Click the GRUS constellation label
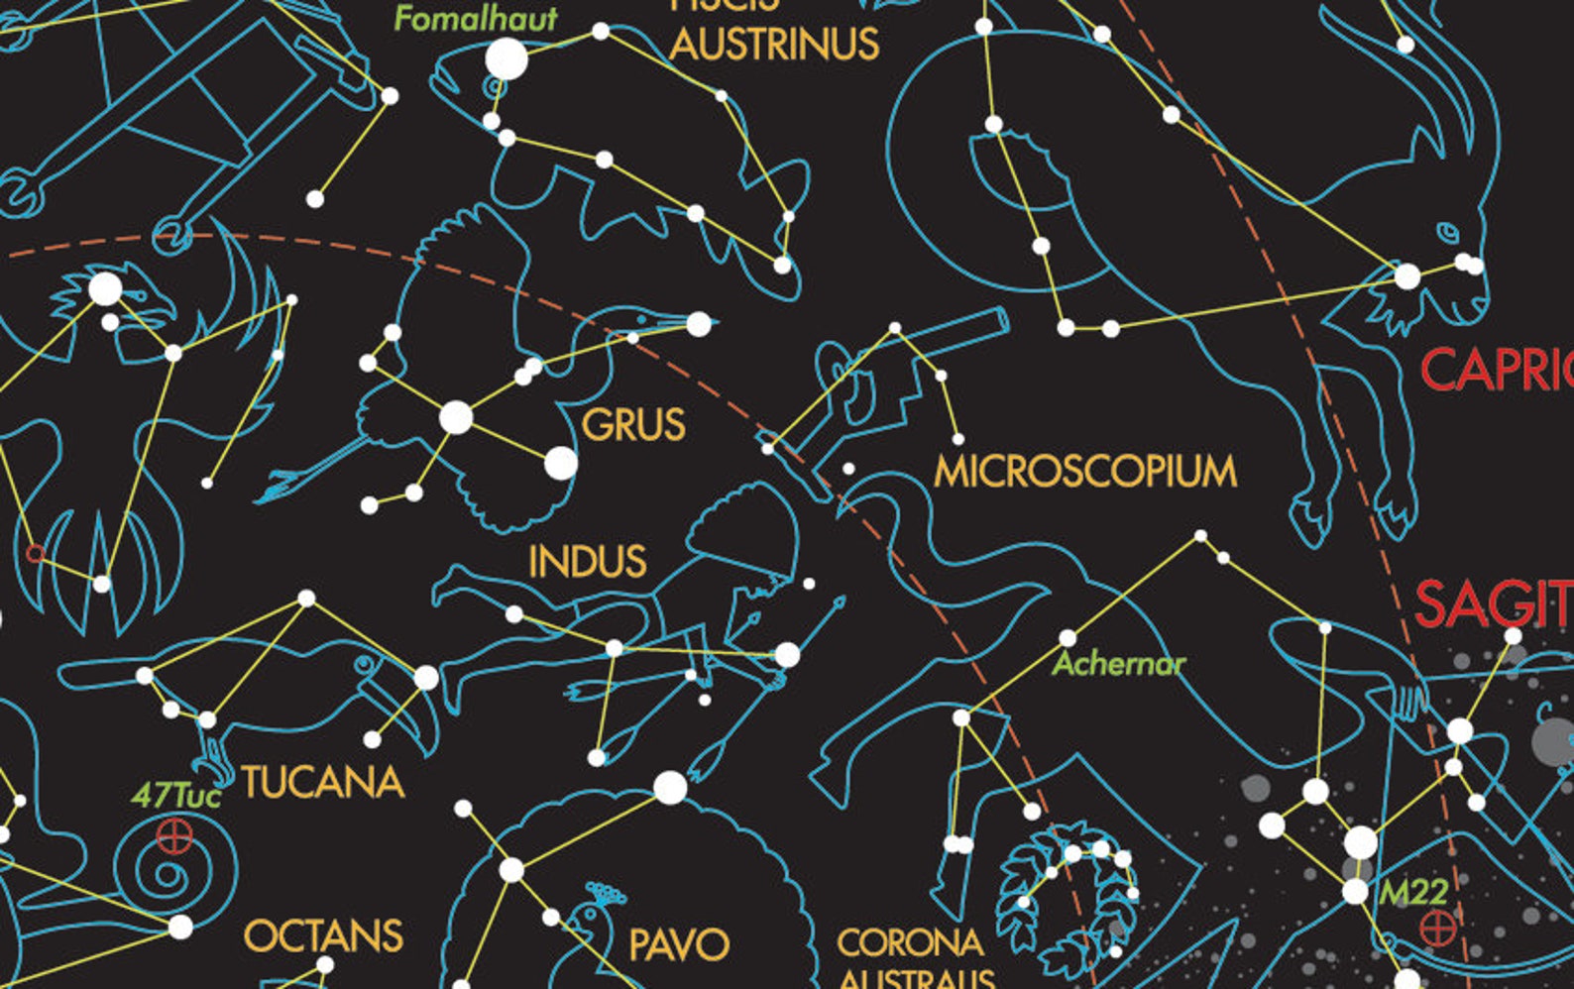click(633, 425)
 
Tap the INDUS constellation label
click(588, 562)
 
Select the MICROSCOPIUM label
click(1085, 471)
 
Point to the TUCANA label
click(323, 782)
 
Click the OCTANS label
click(323, 935)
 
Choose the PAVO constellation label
click(679, 944)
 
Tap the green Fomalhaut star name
click(476, 19)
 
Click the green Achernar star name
click(1119, 663)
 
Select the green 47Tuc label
click(175, 795)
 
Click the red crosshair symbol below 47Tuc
click(175, 836)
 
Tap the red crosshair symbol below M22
click(1438, 929)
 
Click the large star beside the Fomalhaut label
click(506, 59)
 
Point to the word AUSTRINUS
click(774, 45)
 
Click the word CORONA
click(910, 942)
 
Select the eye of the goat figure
click(1448, 234)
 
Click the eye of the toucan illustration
click(366, 663)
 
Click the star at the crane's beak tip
click(699, 323)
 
